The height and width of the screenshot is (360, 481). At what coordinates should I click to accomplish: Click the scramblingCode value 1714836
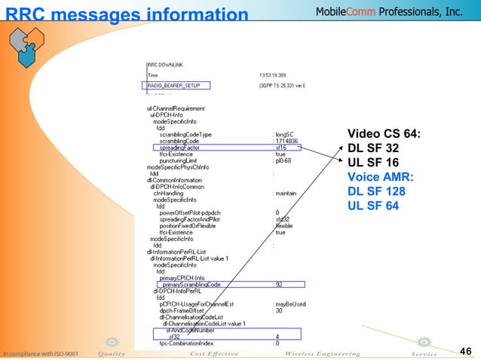pyautogui.click(x=286, y=140)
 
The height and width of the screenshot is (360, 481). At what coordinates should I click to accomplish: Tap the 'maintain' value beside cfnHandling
pyautogui.click(x=286, y=193)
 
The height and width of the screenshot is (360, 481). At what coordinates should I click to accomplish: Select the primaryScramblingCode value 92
pyautogui.click(x=278, y=285)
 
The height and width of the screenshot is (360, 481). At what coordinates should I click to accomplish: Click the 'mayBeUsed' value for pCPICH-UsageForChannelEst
pyautogui.click(x=290, y=304)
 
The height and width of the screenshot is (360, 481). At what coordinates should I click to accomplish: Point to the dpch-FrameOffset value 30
pyautogui.click(x=278, y=310)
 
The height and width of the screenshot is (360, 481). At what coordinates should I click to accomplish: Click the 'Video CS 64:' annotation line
pyautogui.click(x=383, y=134)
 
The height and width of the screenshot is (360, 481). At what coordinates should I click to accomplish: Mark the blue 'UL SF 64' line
pyautogui.click(x=375, y=206)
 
